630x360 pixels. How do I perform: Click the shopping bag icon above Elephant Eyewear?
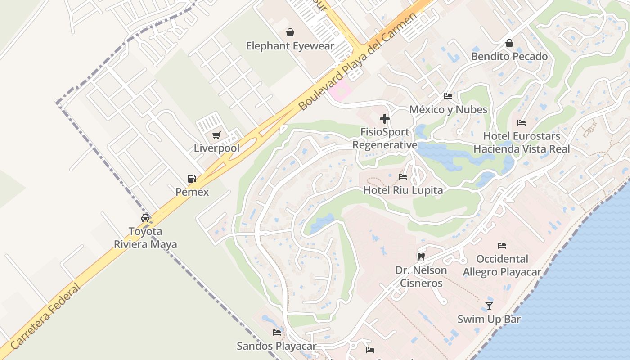[290, 32]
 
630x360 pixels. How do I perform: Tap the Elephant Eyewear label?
[290, 46]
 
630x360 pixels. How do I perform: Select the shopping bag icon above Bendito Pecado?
[509, 43]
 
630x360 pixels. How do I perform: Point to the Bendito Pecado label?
[509, 57]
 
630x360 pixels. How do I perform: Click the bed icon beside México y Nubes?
[448, 96]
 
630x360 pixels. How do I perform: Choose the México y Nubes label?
[448, 110]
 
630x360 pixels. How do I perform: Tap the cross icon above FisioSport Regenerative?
[385, 119]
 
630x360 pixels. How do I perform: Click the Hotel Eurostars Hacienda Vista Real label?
[522, 142]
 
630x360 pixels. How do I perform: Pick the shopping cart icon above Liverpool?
[216, 135]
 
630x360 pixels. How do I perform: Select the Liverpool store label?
[216, 148]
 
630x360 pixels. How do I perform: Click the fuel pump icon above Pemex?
[192, 179]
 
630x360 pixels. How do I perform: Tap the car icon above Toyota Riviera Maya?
[145, 218]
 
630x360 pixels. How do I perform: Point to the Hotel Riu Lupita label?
[403, 190]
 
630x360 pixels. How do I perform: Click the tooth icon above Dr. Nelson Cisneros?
[421, 257]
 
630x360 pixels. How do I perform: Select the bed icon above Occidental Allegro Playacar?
[502, 246]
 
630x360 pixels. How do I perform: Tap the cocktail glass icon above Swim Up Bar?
[489, 306]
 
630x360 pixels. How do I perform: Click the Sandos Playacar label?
[277, 346]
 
